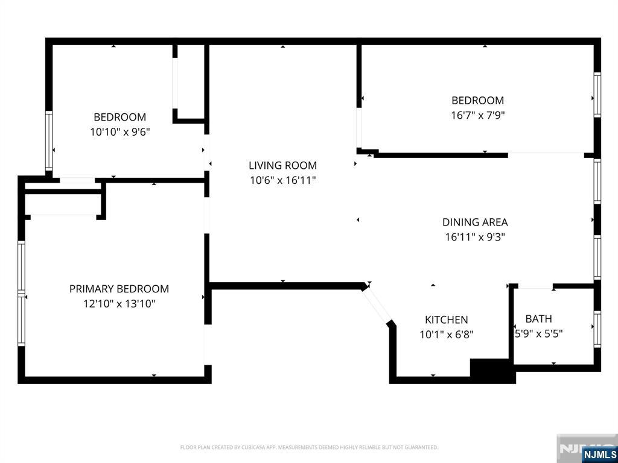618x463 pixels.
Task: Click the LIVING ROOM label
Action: coord(282,165)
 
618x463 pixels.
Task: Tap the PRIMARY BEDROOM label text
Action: coord(119,289)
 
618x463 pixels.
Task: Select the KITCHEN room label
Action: coord(446,320)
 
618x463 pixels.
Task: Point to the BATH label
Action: coord(538,318)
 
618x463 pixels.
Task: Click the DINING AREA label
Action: coord(475,222)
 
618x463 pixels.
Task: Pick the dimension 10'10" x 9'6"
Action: coord(120,132)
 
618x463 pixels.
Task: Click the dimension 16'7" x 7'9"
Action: coord(478,115)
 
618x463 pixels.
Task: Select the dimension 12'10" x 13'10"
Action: coord(119,304)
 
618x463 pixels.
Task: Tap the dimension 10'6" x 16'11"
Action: coord(282,180)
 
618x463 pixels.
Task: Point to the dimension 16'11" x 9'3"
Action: coord(475,237)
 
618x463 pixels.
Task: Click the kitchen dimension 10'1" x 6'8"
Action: coord(446,335)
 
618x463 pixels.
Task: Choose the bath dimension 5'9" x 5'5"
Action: coord(538,334)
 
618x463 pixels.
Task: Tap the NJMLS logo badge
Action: coord(597,453)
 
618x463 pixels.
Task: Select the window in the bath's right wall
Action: coord(597,329)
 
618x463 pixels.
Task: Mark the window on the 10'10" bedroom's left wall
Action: coord(49,140)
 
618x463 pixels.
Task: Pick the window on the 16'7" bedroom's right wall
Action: coord(597,95)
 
